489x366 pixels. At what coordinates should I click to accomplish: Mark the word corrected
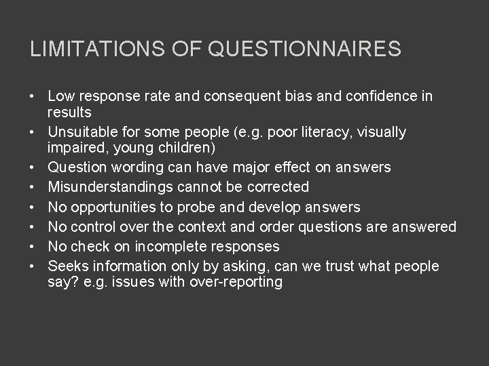tap(278, 186)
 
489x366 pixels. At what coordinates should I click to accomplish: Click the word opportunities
tap(107, 207)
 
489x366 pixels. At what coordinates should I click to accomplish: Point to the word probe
tap(188, 207)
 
